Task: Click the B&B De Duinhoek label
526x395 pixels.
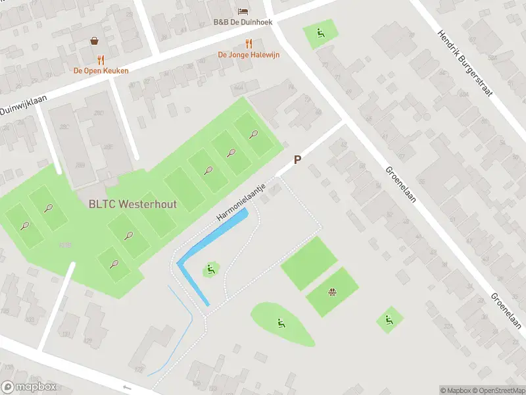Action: click(243, 22)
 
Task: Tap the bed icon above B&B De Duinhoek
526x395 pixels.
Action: click(243, 11)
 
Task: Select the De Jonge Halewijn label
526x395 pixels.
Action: click(249, 55)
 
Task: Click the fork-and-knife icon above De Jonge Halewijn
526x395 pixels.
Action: click(249, 44)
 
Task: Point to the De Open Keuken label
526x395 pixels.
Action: click(101, 70)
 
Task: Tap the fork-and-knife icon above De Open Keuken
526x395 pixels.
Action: click(101, 60)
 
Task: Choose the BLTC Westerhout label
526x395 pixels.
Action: click(133, 204)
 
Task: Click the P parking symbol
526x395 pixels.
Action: click(297, 160)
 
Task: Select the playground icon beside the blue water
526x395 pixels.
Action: click(210, 269)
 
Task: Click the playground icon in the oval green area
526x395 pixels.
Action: click(281, 323)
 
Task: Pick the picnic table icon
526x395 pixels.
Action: click(333, 292)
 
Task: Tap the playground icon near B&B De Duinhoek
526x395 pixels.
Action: click(320, 32)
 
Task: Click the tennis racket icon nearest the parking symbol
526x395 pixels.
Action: click(254, 134)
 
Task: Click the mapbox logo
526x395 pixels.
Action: click(29, 387)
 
